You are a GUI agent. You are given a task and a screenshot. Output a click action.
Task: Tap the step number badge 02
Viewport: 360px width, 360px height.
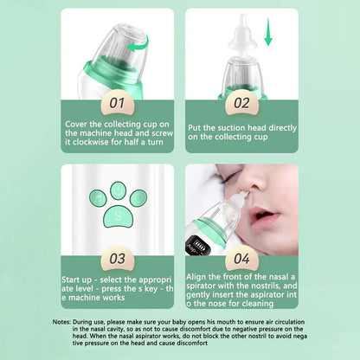(x=241, y=102)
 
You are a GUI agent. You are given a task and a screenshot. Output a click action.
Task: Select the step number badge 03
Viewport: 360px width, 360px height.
(x=117, y=257)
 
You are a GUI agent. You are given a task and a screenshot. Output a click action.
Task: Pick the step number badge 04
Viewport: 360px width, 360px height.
(x=242, y=257)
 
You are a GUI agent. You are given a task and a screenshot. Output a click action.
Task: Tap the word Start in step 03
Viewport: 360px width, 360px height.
(x=75, y=280)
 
